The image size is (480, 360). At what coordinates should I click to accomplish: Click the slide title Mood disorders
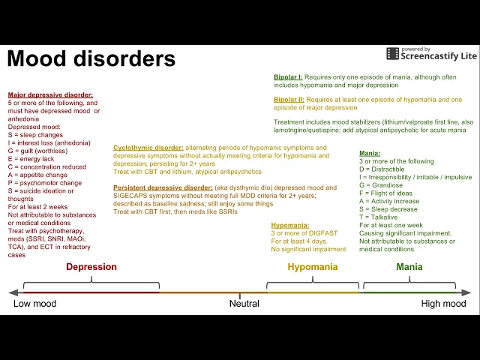[91, 58]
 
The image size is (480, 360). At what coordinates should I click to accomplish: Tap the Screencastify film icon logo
[392, 53]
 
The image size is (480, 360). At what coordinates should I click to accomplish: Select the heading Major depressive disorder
[50, 95]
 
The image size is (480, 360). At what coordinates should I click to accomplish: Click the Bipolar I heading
[288, 77]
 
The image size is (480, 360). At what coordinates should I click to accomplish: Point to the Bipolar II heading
[289, 100]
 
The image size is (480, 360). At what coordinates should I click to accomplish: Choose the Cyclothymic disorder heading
[148, 148]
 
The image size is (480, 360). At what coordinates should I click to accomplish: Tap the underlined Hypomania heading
[289, 224]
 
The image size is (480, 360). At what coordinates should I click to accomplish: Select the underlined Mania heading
[370, 153]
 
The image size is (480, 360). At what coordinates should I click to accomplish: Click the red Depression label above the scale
[91, 267]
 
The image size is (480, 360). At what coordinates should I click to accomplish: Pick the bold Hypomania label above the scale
[313, 267]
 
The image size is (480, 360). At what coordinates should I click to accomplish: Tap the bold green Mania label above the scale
[409, 267]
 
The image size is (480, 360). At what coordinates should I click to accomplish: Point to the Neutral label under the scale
[244, 304]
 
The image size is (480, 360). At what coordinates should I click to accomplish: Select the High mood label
[443, 304]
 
